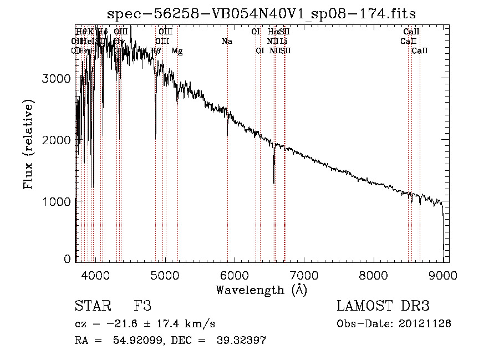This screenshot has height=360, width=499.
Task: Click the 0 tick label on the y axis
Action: [67, 259]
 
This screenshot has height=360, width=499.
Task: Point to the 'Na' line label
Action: [227, 41]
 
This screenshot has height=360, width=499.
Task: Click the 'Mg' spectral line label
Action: [177, 51]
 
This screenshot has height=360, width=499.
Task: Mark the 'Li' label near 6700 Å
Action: [283, 41]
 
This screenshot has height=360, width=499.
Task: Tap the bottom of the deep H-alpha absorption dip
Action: [274, 182]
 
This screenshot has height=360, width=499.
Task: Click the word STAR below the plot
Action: [93, 306]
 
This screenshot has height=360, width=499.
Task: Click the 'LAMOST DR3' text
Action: [383, 306]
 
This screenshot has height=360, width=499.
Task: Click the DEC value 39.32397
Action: [235, 341]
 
